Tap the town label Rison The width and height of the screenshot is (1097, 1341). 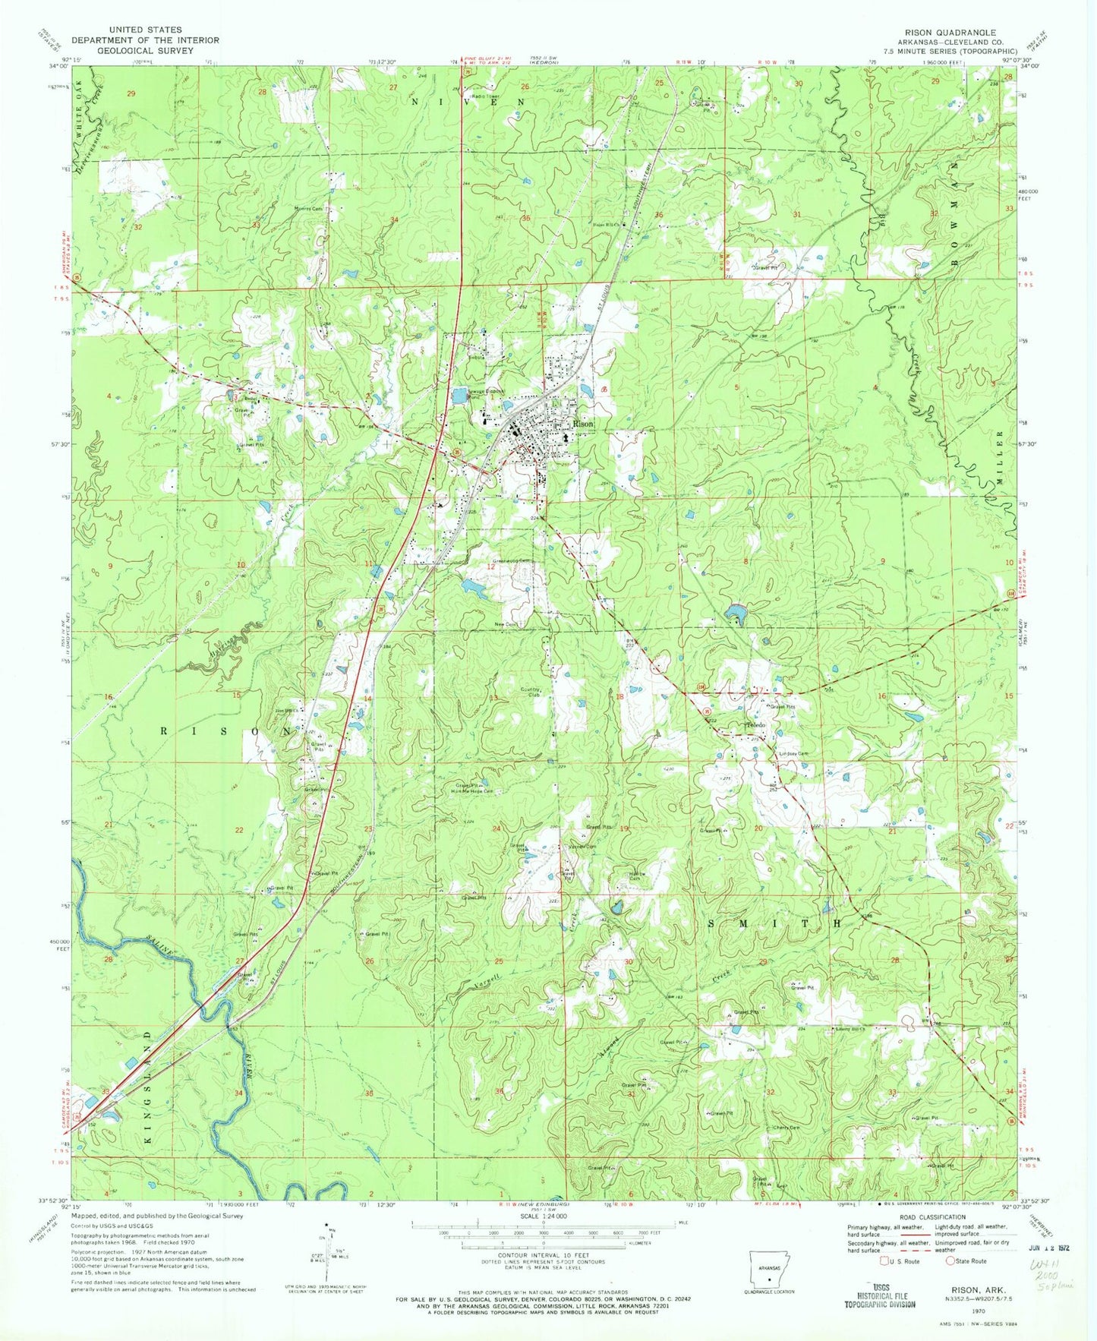coord(583,424)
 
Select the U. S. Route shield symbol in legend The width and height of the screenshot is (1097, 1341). coord(884,1261)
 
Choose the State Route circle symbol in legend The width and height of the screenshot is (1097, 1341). coord(948,1261)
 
